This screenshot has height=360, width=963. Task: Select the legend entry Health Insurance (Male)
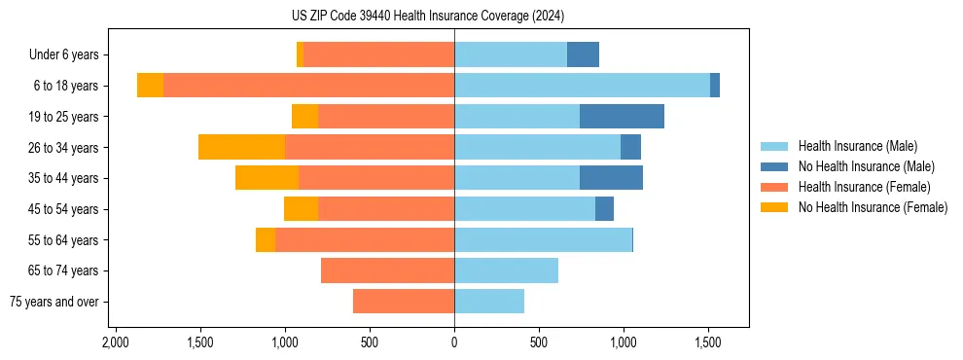point(857,146)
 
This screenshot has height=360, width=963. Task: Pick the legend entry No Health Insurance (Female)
point(873,207)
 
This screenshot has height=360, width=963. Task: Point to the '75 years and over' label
point(53,302)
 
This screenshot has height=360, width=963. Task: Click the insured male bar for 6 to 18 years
point(582,86)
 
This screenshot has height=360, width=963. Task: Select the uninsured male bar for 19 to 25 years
point(622,117)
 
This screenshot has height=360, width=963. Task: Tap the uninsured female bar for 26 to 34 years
point(241,147)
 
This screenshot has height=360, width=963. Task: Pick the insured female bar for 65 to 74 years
point(387,270)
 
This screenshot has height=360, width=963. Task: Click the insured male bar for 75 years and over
point(489,302)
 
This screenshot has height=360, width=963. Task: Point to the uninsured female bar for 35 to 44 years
point(267,178)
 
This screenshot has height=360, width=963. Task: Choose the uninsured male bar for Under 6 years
point(583,55)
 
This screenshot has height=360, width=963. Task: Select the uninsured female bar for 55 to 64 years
point(265,239)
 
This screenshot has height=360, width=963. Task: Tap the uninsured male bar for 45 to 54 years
point(604,209)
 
